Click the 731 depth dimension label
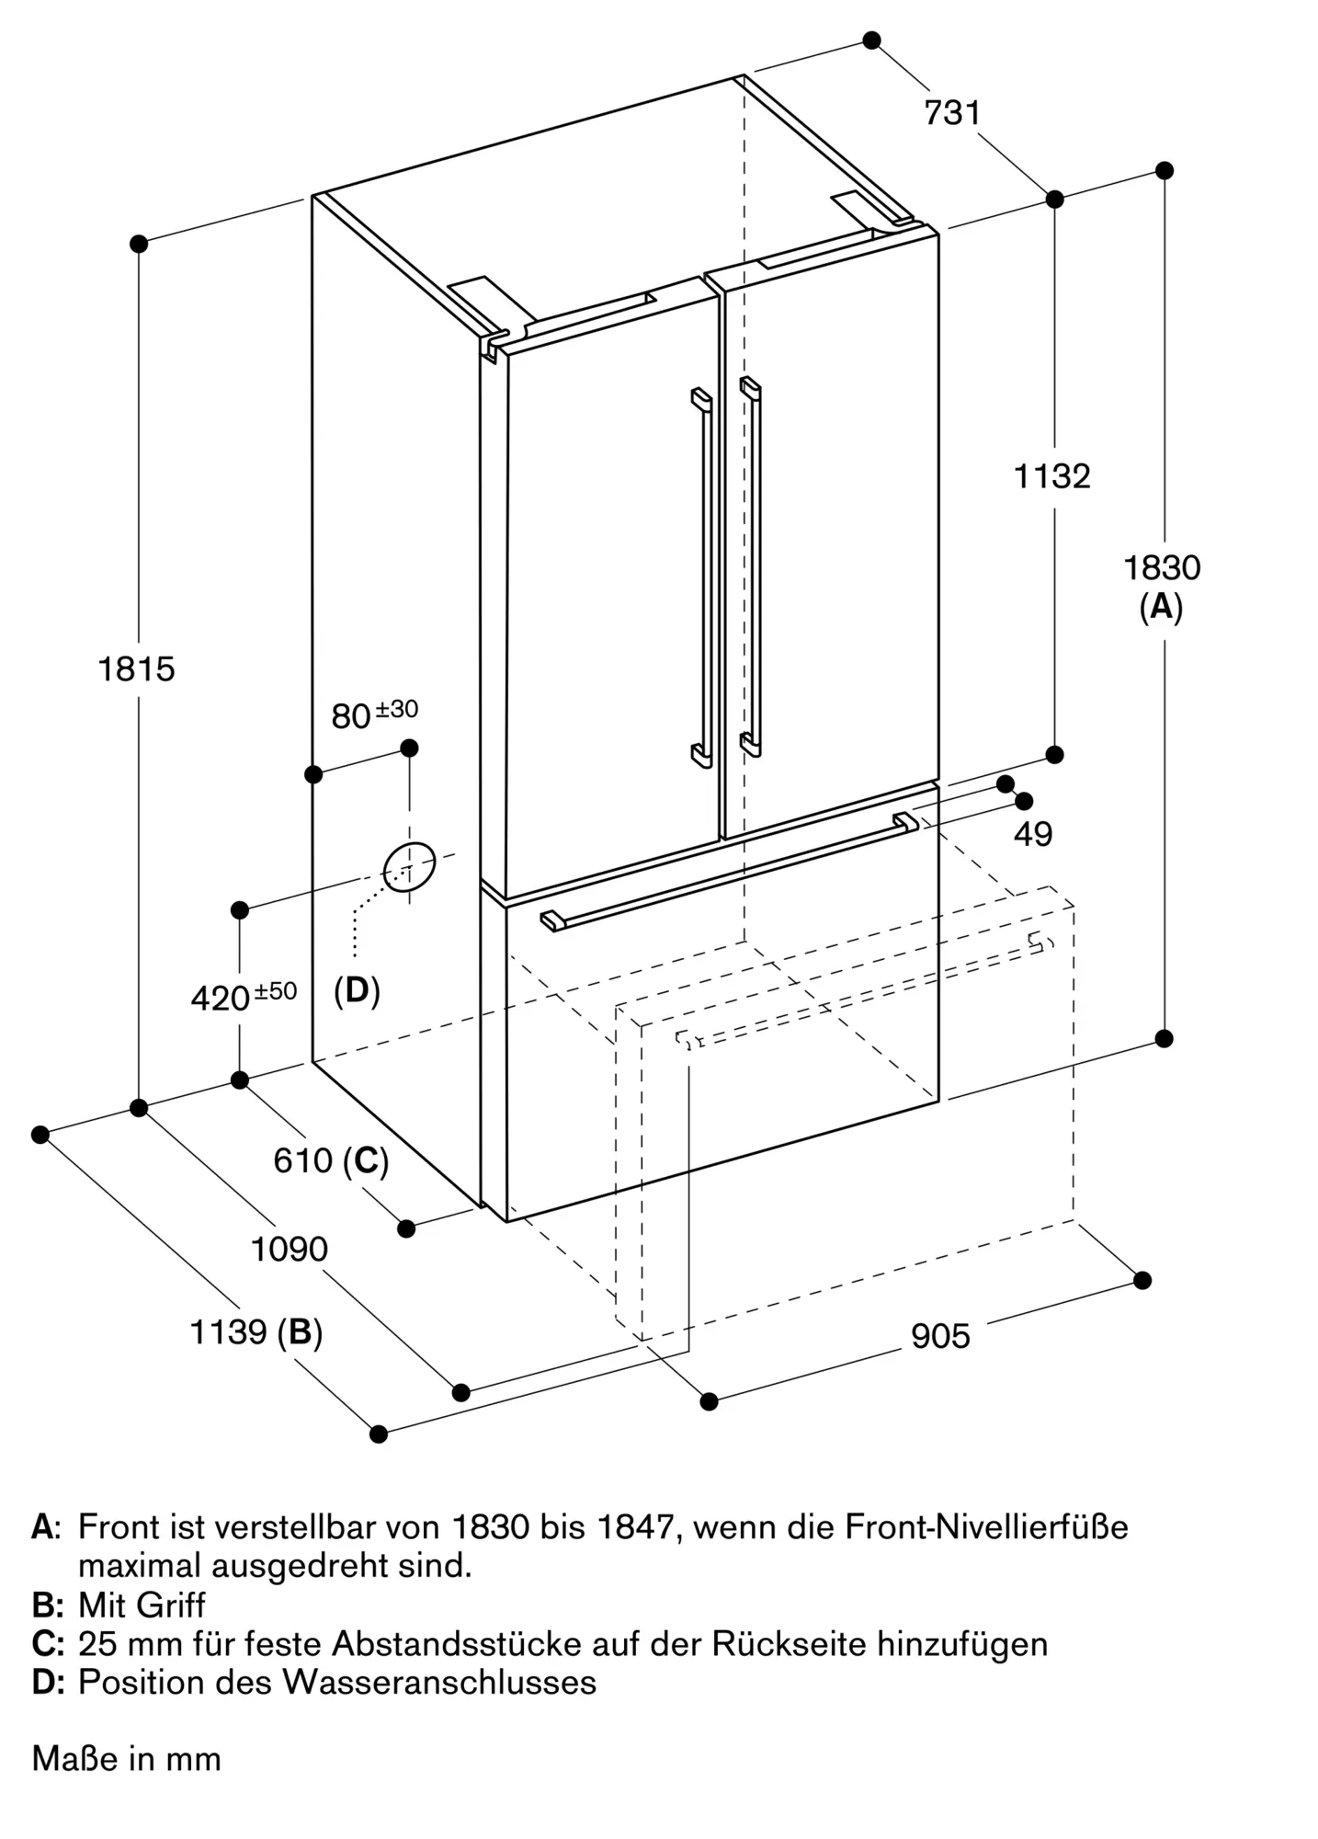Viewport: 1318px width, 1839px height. [952, 113]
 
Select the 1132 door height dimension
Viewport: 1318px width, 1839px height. [1051, 476]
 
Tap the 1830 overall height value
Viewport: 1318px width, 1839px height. [1162, 568]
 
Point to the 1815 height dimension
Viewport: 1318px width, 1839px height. [136, 669]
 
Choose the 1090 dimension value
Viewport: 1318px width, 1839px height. [290, 1250]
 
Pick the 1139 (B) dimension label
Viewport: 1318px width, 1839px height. [256, 1332]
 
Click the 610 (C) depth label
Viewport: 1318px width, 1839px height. [331, 1161]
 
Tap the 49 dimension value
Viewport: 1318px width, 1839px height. [1033, 834]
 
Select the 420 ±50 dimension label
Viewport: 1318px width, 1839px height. [244, 996]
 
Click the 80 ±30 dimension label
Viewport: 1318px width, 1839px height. [374, 713]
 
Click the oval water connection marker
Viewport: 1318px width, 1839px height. [409, 867]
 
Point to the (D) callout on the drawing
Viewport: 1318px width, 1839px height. [357, 990]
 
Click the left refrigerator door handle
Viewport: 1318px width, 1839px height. [702, 577]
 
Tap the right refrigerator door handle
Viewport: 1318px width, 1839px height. [750, 566]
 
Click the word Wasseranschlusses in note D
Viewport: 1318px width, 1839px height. [439, 1683]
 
